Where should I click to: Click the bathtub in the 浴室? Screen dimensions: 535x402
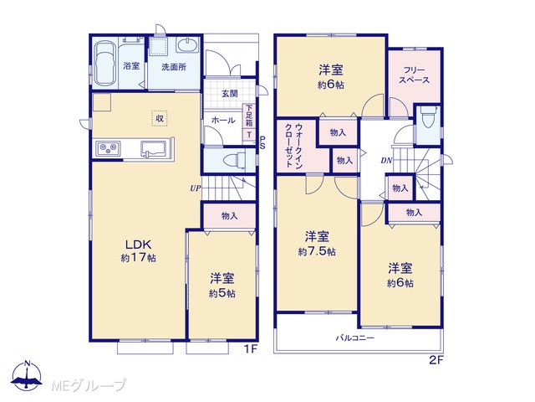(x=104, y=64)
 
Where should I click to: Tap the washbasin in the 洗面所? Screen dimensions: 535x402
(x=187, y=45)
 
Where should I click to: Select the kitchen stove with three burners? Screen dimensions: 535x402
(x=108, y=148)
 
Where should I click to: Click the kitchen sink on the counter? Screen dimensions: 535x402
(x=154, y=149)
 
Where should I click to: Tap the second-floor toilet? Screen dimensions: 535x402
(x=428, y=118)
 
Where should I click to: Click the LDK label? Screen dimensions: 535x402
(x=138, y=245)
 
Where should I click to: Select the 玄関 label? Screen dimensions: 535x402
(x=230, y=93)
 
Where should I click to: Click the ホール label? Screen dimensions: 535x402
(x=223, y=121)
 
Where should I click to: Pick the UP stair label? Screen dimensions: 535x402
(x=195, y=188)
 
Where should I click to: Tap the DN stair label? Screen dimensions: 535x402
(x=386, y=160)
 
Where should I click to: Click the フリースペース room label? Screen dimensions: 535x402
(x=415, y=75)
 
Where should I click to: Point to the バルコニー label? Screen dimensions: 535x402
(x=355, y=338)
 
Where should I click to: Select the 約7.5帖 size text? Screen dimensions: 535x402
(x=317, y=252)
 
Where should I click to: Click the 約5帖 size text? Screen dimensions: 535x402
(x=222, y=293)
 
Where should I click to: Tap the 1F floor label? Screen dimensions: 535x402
(x=251, y=349)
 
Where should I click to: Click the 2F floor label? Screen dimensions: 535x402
(x=436, y=360)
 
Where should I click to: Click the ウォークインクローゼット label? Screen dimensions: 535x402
(x=293, y=145)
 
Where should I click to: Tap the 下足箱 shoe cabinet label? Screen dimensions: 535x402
(x=249, y=116)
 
